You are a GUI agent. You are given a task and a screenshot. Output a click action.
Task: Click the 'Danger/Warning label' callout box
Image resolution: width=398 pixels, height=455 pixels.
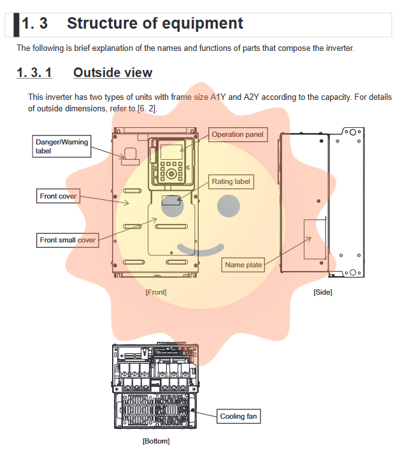coord(62,146)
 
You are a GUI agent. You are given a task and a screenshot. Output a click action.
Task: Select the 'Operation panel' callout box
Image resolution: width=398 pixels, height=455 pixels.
coord(237,134)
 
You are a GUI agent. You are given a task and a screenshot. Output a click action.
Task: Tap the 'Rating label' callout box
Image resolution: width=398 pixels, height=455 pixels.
coord(231,181)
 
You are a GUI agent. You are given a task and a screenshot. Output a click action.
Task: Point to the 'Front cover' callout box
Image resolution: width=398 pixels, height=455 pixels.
coord(58,196)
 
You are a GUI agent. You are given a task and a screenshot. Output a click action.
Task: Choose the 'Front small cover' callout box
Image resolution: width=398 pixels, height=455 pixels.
coord(68,240)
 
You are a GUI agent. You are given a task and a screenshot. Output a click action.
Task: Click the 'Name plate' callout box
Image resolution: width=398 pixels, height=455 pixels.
coord(243,265)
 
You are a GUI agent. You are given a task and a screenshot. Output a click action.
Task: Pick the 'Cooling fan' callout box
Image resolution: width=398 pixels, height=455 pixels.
coord(238,416)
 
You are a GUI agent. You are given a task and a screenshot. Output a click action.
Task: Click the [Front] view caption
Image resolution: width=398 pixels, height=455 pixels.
coord(156,292)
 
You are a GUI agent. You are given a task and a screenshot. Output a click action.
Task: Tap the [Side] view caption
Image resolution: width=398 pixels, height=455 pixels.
coord(323,292)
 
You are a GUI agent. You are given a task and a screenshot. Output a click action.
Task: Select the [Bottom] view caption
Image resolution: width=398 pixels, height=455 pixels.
coord(156,440)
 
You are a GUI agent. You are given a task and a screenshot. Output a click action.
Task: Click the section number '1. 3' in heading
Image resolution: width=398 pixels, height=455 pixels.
coord(35,24)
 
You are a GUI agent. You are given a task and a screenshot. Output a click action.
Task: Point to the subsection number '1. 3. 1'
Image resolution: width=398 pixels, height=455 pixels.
coord(34,73)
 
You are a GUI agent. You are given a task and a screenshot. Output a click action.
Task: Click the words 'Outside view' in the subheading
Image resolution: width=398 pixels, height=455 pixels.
coord(113,73)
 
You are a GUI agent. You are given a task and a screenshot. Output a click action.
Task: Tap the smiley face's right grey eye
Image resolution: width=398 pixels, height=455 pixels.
coord(229,205)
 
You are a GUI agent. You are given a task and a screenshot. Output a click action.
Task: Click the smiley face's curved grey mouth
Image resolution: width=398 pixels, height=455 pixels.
coord(201,249)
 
